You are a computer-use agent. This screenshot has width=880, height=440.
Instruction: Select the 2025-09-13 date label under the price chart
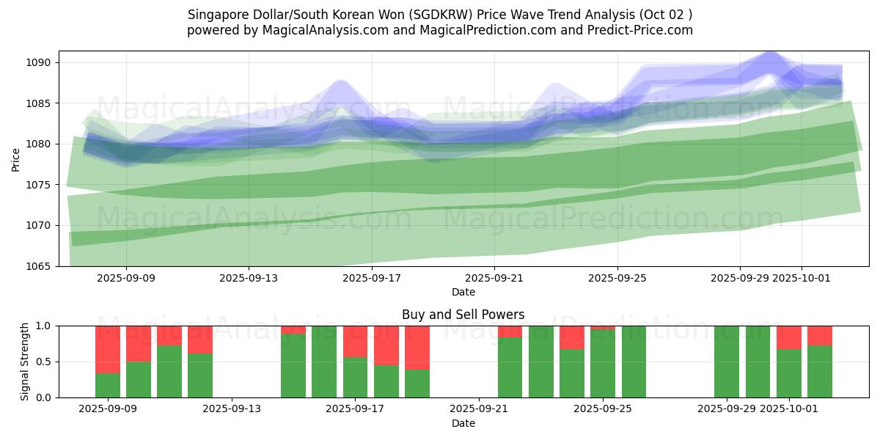pos(248,278)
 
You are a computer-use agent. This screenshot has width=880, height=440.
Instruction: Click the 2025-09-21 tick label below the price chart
pos(494,278)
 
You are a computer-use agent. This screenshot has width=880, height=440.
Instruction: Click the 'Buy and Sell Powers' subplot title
pos(463,315)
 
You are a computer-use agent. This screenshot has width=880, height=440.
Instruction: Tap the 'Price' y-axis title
pos(16,158)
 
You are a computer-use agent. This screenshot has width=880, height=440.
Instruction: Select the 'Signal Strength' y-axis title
pos(25,362)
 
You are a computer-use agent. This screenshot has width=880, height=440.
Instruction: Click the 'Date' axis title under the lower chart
pos(463,423)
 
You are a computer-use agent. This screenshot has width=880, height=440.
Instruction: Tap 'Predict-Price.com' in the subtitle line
pos(643,30)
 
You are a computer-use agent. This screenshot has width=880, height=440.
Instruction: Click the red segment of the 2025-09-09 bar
pos(108,349)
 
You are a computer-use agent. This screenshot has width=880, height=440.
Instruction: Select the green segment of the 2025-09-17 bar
pos(356,377)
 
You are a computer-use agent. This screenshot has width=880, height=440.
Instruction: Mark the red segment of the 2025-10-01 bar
pos(789,337)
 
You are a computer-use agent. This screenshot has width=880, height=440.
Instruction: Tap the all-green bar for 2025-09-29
pos(727,362)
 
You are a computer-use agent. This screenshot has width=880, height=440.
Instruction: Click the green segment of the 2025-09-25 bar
pos(603,364)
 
